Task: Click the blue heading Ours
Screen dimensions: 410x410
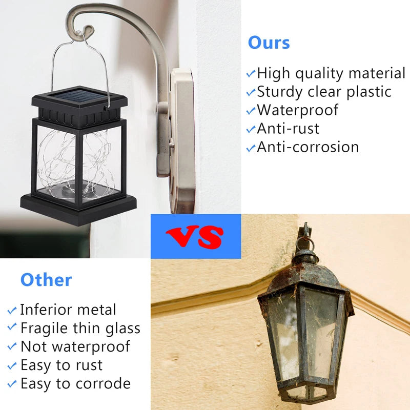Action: click(269, 43)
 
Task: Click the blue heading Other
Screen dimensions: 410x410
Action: click(46, 280)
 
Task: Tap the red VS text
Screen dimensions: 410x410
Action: click(195, 236)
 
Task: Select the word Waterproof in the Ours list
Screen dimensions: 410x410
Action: click(298, 110)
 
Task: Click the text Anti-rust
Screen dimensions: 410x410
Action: click(288, 129)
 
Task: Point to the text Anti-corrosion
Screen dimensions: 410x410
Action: click(308, 147)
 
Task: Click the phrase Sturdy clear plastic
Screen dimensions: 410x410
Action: click(324, 92)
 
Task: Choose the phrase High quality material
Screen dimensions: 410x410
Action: click(331, 73)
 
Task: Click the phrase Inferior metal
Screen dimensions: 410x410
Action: click(68, 310)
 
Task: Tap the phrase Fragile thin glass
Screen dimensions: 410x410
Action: click(80, 328)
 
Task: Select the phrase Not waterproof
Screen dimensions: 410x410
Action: click(75, 346)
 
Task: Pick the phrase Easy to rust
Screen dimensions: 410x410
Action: click(61, 365)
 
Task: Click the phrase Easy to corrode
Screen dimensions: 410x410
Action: click(75, 383)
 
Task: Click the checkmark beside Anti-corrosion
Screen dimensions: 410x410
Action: click(251, 148)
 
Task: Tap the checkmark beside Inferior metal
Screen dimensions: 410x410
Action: click(12, 311)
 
